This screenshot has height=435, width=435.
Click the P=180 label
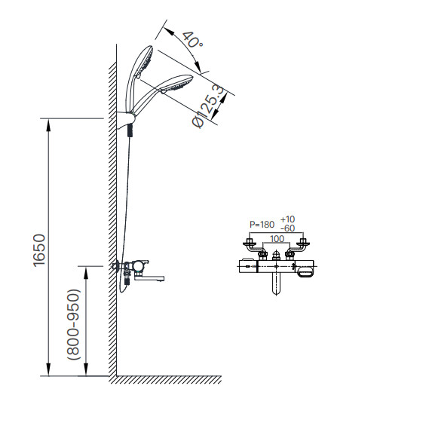coord(262,224)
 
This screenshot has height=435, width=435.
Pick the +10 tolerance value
coord(287,219)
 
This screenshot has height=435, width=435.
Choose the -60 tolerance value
coord(287,228)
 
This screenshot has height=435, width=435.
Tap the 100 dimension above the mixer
coord(277,239)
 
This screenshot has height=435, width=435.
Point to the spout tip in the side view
coord(161,280)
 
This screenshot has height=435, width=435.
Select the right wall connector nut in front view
coord(304,243)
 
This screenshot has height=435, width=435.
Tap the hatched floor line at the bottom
coord(166,379)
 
